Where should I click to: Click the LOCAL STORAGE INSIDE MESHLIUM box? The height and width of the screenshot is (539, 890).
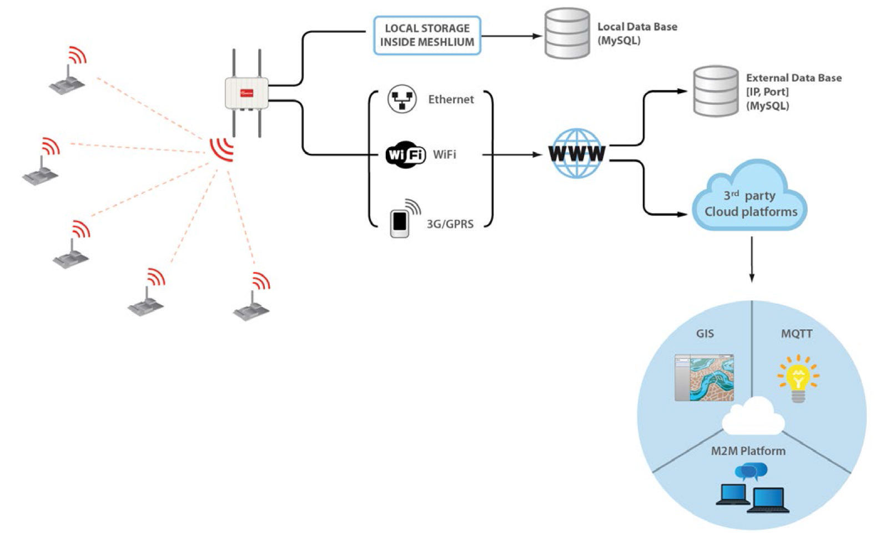coord(427,36)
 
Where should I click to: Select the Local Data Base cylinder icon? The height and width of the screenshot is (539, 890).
coord(567,33)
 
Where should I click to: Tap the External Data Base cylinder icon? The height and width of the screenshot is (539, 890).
coord(716,91)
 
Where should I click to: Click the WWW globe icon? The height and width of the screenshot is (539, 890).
coord(577,153)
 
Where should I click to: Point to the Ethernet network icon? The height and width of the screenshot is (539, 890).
coord(402,99)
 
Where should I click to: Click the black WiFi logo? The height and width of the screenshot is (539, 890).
coord(405,154)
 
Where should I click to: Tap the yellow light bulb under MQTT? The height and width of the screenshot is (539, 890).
coord(798,379)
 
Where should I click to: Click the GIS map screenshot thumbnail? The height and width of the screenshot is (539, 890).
coord(704,377)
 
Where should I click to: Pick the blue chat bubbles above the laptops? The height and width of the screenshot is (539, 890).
coord(751,471)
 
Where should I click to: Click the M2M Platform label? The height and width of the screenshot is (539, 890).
coord(748,451)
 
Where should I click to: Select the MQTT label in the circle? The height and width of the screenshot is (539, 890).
coord(797,334)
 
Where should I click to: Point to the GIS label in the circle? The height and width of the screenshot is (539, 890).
coord(705,333)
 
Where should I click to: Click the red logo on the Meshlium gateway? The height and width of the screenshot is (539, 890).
coord(247,93)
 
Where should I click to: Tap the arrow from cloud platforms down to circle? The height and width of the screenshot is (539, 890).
coord(751,259)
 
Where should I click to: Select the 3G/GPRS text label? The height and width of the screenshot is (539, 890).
coord(450,224)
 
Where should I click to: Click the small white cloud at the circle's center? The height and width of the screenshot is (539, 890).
coord(753,416)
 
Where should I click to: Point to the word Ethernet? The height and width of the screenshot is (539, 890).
coord(451,99)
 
